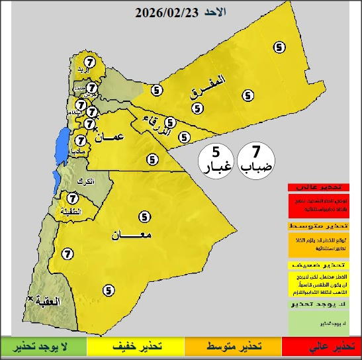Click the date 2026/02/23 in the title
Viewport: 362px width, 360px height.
[x=166, y=13]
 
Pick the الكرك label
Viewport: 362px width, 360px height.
[x=85, y=181]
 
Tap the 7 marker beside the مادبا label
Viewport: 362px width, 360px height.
[x=80, y=140]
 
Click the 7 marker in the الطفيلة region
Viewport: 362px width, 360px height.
[x=73, y=197]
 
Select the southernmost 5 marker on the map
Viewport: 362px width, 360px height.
[x=108, y=289]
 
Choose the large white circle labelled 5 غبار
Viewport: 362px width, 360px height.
[x=216, y=159]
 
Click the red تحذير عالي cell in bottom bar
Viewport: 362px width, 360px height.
[x=322, y=347]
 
